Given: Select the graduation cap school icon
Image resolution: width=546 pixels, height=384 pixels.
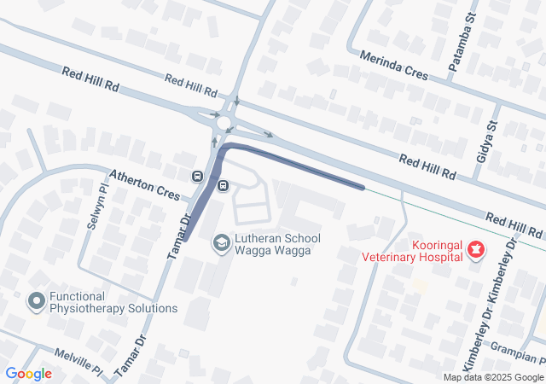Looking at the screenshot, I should [x=220, y=244].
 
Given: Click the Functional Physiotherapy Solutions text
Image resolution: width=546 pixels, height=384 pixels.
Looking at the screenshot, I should [x=113, y=302].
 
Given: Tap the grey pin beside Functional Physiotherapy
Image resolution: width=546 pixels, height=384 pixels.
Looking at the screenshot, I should [x=36, y=301].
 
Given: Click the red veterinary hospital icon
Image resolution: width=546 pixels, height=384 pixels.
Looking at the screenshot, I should [x=476, y=249].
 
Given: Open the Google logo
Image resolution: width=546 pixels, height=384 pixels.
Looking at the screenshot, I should [x=28, y=374].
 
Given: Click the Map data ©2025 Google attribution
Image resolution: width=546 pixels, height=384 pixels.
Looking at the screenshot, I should [x=493, y=377].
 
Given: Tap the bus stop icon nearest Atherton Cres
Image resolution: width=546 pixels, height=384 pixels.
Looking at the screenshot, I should [x=198, y=177].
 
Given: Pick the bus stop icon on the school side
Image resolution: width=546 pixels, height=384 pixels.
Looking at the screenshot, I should [x=224, y=185].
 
